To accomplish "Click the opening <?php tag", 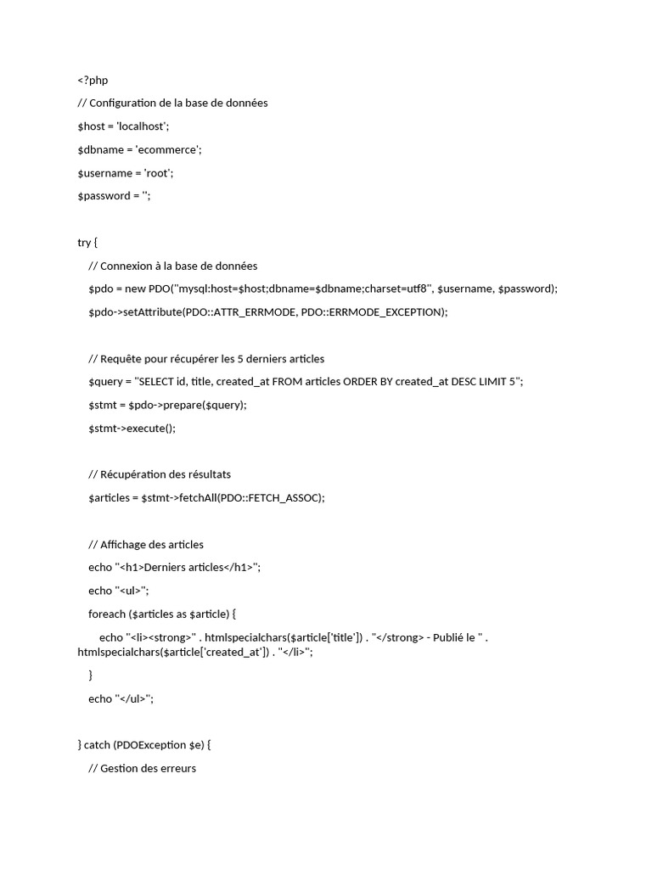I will click(93, 81).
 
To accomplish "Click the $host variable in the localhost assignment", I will click(91, 126).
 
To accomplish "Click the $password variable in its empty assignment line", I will click(104, 196).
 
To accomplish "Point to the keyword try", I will click(84, 243).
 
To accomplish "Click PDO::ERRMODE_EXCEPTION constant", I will click(374, 312).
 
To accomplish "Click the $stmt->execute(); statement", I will click(132, 429).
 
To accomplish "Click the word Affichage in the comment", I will click(126, 545).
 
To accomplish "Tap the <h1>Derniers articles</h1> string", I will click(188, 568).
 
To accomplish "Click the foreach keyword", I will click(107, 614).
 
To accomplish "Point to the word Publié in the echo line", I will click(451, 637).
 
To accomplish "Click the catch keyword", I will click(98, 745).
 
